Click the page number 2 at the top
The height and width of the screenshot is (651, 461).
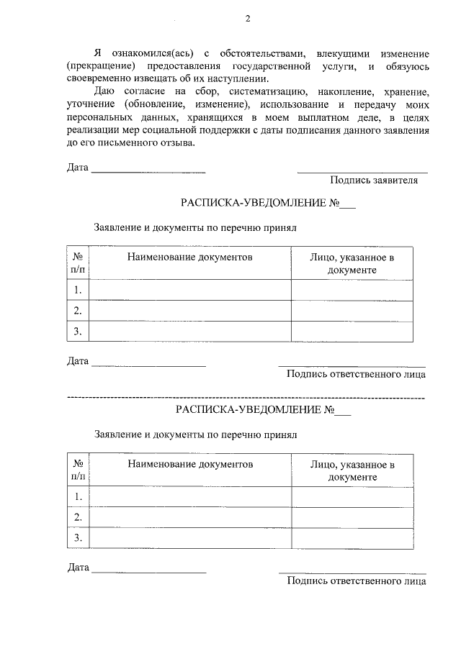click(x=247, y=19)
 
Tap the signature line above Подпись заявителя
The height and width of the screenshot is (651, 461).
click(x=362, y=172)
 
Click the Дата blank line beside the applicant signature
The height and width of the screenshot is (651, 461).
click(x=148, y=172)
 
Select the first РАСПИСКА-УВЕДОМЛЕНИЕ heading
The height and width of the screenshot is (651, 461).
click(x=268, y=204)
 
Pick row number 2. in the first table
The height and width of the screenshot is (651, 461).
click(x=78, y=311)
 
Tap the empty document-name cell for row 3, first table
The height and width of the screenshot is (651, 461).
click(x=190, y=331)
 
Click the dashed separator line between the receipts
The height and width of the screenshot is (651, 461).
click(x=246, y=397)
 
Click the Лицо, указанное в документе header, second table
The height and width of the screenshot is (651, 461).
click(x=352, y=470)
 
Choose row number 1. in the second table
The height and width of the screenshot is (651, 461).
click(x=78, y=496)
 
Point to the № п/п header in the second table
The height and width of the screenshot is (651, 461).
click(x=78, y=470)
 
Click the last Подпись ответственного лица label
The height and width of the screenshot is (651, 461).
click(x=356, y=581)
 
